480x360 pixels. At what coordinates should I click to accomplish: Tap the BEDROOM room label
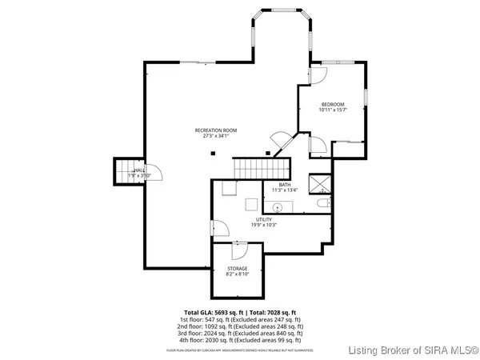(333, 105)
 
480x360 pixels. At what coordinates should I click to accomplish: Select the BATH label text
(285, 185)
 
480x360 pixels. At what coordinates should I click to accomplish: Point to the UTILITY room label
(264, 218)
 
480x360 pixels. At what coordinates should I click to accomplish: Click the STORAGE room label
(237, 268)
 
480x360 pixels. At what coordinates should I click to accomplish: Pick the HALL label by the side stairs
(140, 170)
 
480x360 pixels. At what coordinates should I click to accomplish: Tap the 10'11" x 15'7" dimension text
(333, 110)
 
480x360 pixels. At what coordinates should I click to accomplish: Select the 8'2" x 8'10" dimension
(237, 274)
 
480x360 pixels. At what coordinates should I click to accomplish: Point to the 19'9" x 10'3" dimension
(264, 224)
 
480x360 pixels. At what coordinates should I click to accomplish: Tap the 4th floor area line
(240, 341)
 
